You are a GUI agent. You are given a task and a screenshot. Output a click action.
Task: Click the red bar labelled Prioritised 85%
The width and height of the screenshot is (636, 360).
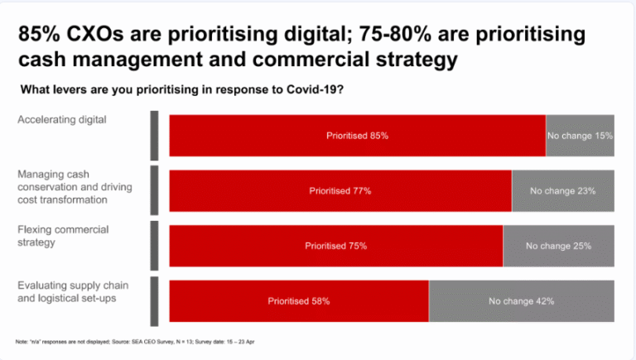pyautogui.click(x=357, y=136)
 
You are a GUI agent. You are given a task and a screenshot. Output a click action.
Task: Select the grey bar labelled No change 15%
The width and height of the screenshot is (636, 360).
pyautogui.click(x=580, y=136)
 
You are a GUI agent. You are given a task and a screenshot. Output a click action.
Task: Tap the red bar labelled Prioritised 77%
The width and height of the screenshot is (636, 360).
pyautogui.click(x=340, y=190)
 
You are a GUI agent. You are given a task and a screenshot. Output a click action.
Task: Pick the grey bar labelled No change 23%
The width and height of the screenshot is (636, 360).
pyautogui.click(x=563, y=190)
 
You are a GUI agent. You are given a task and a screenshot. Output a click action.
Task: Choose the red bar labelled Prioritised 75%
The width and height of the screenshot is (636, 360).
pyautogui.click(x=335, y=246)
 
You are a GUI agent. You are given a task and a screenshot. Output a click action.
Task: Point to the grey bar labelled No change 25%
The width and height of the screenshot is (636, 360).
pyautogui.click(x=558, y=246)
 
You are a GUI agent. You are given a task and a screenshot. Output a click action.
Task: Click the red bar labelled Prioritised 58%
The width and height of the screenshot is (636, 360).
pyautogui.click(x=298, y=301)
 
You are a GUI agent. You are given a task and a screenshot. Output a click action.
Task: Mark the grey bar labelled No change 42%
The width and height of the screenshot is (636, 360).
pyautogui.click(x=521, y=301)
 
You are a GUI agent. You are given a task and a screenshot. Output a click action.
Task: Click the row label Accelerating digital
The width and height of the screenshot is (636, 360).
pyautogui.click(x=63, y=119)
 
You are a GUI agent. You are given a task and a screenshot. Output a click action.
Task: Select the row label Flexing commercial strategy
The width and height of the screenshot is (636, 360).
pyautogui.click(x=63, y=236)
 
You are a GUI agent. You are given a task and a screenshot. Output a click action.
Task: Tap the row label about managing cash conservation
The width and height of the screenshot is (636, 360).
pyautogui.click(x=75, y=187)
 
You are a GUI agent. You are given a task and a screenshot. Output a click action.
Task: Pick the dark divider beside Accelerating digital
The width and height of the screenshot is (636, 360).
pyautogui.click(x=154, y=136)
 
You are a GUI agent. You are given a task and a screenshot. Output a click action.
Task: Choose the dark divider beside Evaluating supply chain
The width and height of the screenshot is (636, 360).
pyautogui.click(x=154, y=301)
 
